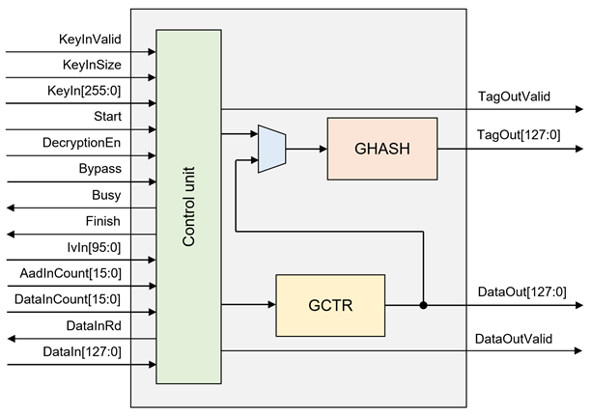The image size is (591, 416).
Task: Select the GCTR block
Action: click(330, 305)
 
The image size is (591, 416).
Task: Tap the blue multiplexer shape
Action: click(272, 149)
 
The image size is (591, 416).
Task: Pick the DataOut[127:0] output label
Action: click(521, 292)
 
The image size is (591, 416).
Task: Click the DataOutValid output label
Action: click(514, 338)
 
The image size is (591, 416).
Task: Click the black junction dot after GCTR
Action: click(423, 305)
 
